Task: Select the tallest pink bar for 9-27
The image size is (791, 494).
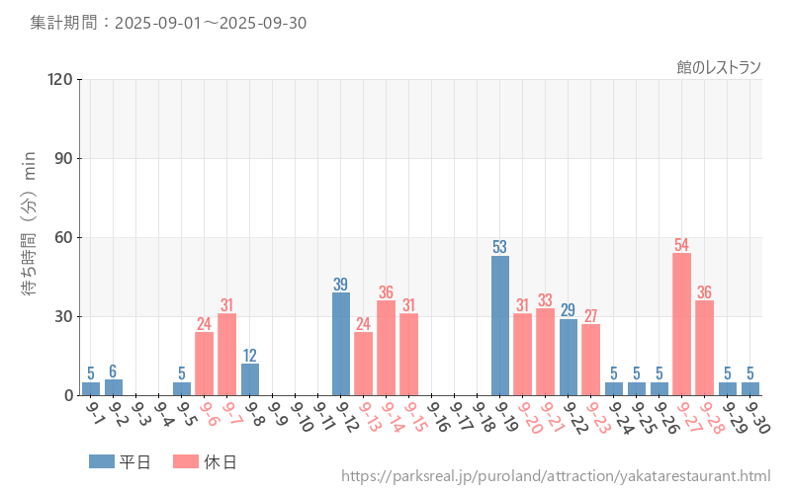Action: coord(682,324)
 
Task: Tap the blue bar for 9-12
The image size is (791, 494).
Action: coord(341,344)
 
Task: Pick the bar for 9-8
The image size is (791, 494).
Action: coord(250,379)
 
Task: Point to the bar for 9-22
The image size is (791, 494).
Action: coord(569,357)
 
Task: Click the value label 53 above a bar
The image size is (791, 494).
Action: coord(500,247)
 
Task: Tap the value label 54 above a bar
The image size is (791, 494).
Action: coord(682,245)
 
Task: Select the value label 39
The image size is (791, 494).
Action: coord(341,285)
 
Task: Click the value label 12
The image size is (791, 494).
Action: coord(250,356)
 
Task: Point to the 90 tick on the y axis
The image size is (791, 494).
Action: coord(61,158)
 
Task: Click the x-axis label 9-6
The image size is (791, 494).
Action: coord(212,419)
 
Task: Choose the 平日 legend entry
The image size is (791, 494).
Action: coord(120,461)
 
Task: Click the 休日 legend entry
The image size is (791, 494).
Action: coord(205,461)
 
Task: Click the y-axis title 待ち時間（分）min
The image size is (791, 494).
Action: coord(30,237)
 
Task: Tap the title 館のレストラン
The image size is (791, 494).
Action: coord(719,67)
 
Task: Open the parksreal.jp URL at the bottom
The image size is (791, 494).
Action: coord(556,476)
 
